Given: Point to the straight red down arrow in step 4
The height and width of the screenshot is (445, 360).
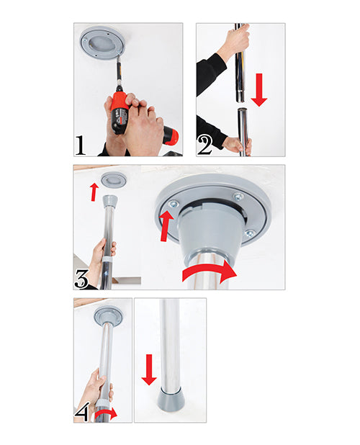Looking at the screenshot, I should tap(148, 369).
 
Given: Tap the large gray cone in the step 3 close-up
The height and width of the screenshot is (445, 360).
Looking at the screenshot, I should tap(210, 226).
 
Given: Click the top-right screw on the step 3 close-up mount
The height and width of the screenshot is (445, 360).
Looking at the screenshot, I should tap(237, 197).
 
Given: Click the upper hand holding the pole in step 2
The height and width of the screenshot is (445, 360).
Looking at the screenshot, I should tap(234, 45).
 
